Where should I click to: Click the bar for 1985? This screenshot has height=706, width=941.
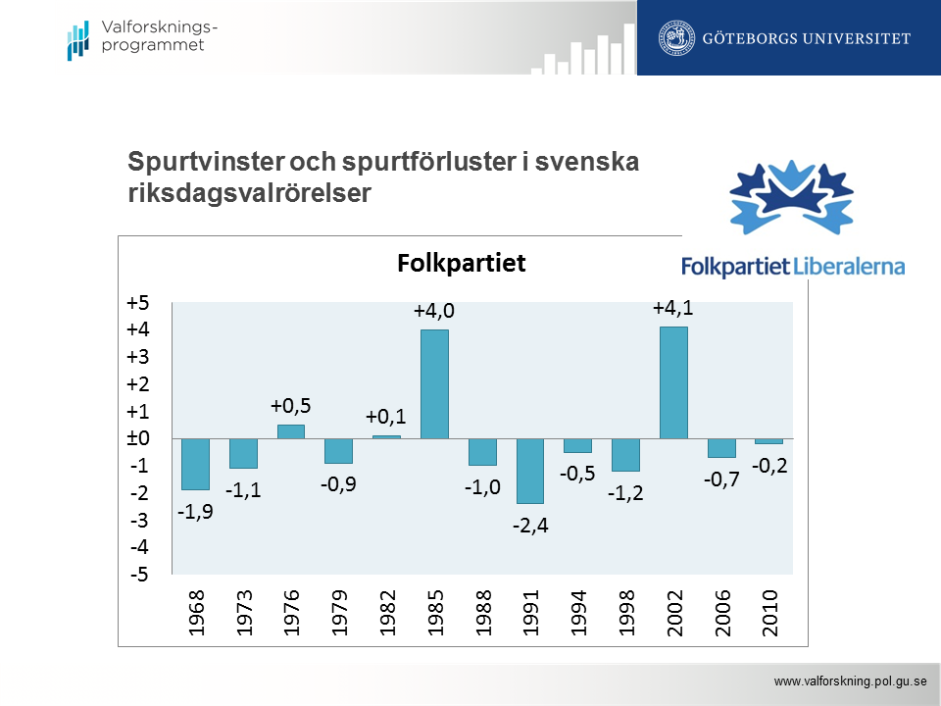[x=434, y=384]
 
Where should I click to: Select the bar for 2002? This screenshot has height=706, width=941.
[x=673, y=382]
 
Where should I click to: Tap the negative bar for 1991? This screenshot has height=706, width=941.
[x=530, y=471]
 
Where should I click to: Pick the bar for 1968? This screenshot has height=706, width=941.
[x=195, y=464]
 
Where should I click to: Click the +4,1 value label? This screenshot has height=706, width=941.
[x=673, y=309]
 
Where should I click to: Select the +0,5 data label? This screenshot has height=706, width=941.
[x=291, y=406]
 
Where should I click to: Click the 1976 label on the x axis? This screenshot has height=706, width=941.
[x=291, y=614]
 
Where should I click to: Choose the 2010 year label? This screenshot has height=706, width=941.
[x=769, y=614]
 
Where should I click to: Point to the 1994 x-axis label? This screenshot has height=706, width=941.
[x=578, y=614]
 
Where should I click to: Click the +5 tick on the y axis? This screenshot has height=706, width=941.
[x=138, y=303]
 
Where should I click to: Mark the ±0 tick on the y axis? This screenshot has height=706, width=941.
[x=138, y=438]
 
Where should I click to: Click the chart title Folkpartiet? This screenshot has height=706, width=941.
[x=462, y=264]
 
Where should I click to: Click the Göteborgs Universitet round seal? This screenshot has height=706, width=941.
[x=674, y=38]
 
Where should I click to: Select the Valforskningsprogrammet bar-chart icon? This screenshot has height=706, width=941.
[x=77, y=38]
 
